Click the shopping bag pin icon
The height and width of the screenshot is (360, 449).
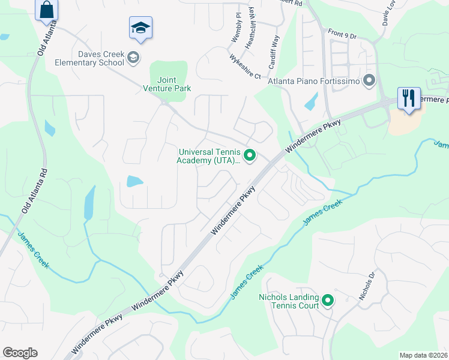(x=46, y=10)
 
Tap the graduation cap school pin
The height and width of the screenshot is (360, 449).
(x=140, y=28)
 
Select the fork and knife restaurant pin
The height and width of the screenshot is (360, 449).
(x=409, y=98)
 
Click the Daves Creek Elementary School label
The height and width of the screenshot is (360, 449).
(x=89, y=58)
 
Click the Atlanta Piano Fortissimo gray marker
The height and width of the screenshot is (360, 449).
(x=369, y=79)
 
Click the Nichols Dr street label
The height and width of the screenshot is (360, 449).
(x=367, y=286)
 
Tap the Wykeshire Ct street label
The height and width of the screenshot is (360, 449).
(x=246, y=67)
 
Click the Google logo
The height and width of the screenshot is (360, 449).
(x=20, y=353)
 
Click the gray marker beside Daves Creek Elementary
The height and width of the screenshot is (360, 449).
(x=133, y=58)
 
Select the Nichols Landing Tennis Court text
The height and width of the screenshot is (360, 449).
(x=289, y=301)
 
